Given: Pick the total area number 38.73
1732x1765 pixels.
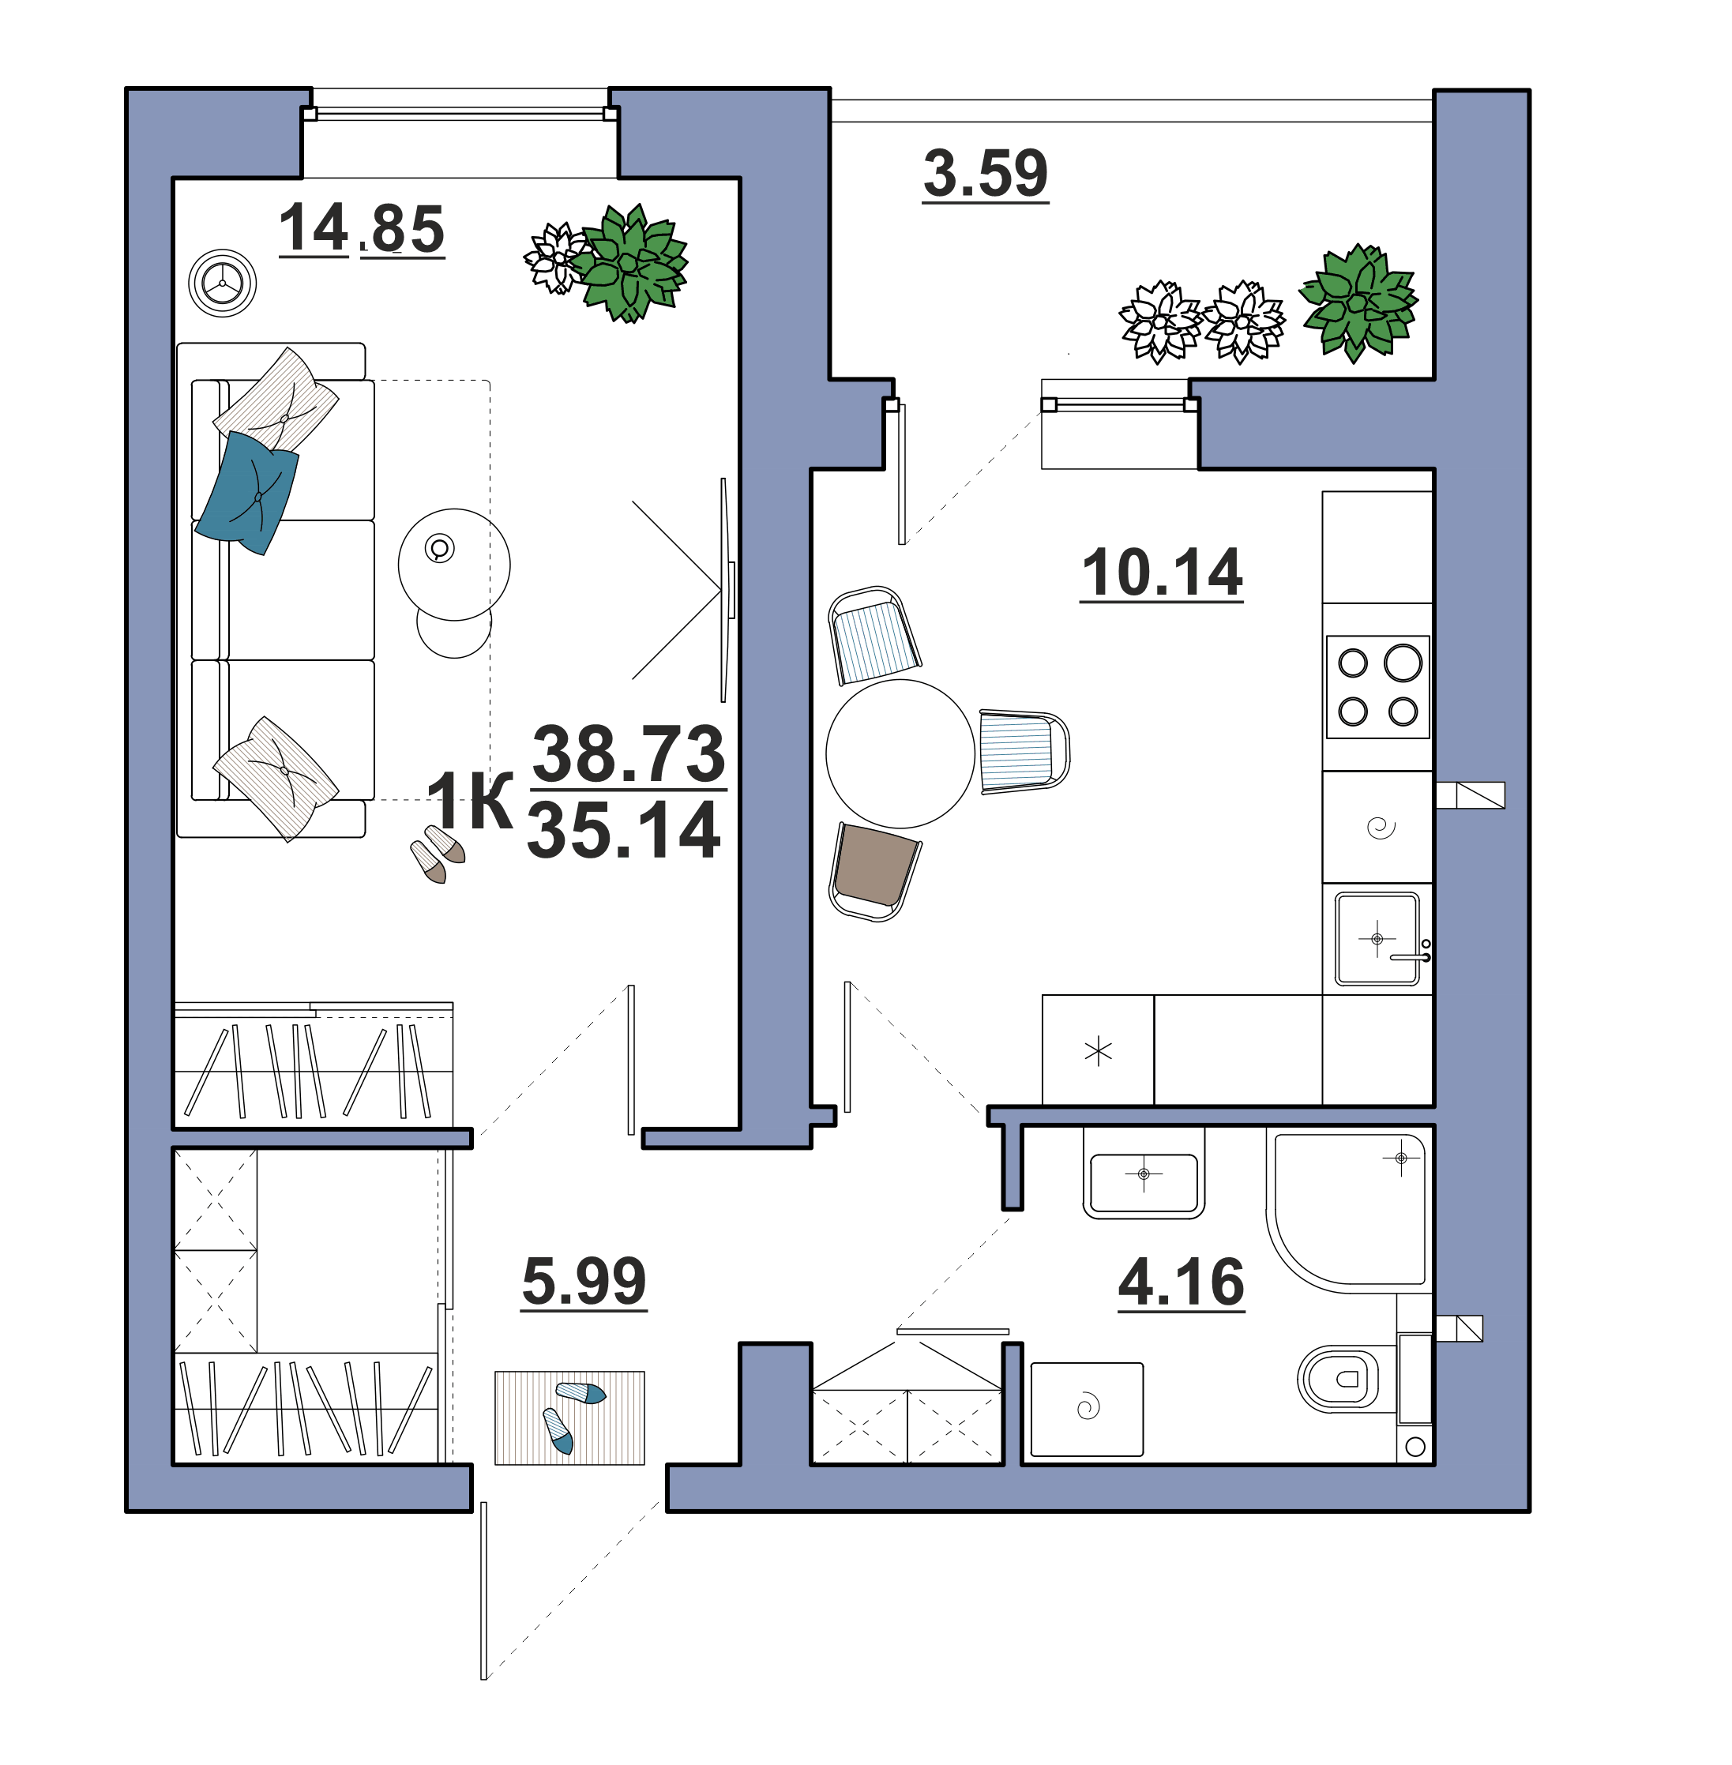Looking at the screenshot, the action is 629,754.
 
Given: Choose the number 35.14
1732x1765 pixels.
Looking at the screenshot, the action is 624,830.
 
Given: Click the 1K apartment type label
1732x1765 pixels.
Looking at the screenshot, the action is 469,800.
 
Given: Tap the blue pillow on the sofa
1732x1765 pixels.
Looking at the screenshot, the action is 247,491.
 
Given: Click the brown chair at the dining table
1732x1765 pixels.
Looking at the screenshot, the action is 875,871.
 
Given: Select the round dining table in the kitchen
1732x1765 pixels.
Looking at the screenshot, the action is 900,753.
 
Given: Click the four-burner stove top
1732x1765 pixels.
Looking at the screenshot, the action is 1377,687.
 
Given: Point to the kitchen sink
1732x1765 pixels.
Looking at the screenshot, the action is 1377,939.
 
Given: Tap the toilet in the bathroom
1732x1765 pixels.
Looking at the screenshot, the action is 1337,1378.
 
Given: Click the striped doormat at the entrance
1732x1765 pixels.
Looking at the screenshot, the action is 569,1418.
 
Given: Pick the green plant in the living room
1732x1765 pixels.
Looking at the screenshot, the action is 629,264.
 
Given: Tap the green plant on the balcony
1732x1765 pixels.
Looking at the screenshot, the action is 1358,302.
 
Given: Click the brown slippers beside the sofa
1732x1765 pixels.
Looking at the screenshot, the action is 438,854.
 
